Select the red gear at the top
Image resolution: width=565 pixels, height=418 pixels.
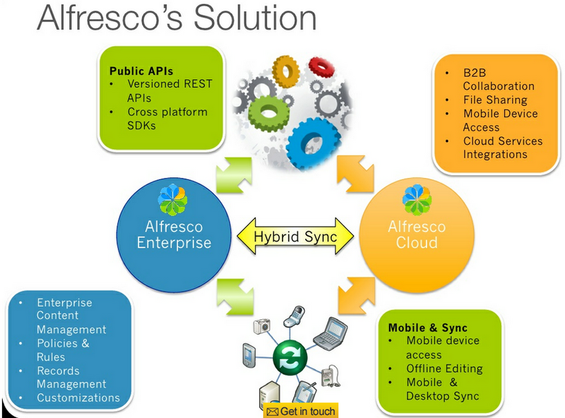click(321, 67)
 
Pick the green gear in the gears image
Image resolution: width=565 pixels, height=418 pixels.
click(266, 110)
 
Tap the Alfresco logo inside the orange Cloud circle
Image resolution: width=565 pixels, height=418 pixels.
click(416, 200)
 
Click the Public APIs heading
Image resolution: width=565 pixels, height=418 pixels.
click(141, 71)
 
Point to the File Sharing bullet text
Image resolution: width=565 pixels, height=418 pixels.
click(495, 100)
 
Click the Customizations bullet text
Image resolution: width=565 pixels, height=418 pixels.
click(78, 398)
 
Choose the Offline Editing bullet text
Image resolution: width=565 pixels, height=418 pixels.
click(444, 369)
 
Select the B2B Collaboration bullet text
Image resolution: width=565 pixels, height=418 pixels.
click(498, 79)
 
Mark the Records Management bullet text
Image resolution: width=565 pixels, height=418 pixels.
click(71, 378)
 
